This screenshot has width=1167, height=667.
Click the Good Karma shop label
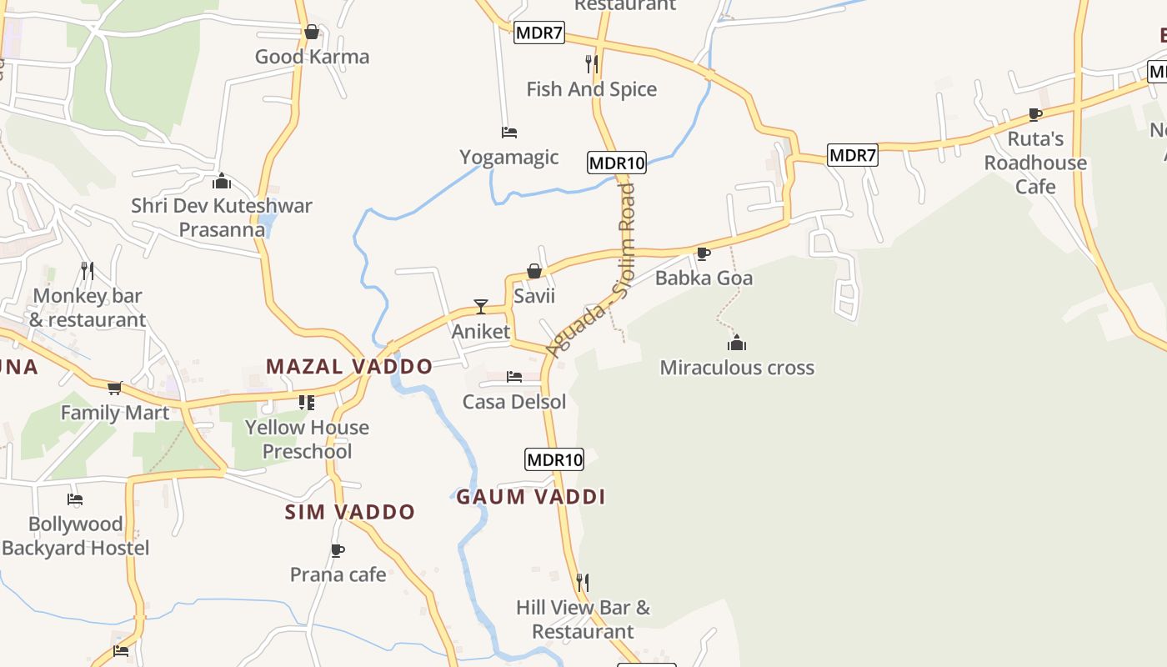coord(312,57)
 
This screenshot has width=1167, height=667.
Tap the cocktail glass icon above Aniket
coord(481,307)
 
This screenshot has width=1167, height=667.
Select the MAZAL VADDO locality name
coord(349,366)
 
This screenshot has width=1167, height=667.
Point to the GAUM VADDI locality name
coord(530,497)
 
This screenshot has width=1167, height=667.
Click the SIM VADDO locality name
coord(350,512)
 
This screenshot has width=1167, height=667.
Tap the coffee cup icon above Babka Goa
coord(704,253)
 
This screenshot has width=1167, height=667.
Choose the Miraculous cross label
coord(737,368)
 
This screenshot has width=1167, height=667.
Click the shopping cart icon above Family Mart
coord(115,388)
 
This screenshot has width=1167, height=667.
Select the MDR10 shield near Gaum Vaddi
coord(554,459)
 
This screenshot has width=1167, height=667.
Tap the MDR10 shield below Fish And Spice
coord(617,163)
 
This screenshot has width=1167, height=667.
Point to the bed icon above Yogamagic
coord(509,132)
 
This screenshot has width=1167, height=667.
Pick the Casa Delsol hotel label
coord(514,402)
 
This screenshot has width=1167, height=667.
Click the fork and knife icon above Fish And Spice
coord(591,63)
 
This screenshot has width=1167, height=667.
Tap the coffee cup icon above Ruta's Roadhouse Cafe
coord(1035,114)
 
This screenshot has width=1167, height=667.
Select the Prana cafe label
coord(338,574)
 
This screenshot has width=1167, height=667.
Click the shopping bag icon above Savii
coord(534,271)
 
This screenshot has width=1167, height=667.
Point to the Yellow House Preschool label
coord(307,439)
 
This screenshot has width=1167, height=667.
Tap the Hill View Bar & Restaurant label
coord(583,619)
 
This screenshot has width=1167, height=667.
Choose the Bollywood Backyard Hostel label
coord(76,536)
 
